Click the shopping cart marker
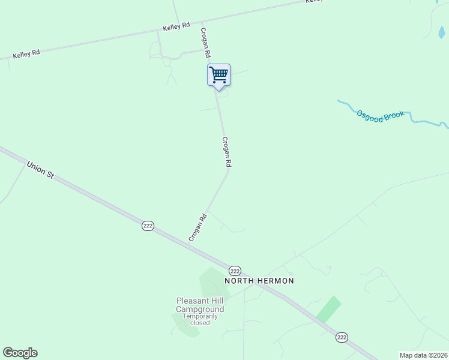(219, 76)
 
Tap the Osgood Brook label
(381, 115)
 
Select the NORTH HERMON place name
(259, 281)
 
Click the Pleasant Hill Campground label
(200, 305)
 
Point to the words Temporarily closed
(200, 319)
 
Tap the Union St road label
(40, 169)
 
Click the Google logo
(20, 353)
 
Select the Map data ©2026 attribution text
(423, 355)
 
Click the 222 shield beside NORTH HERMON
(235, 271)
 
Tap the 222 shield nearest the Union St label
(148, 226)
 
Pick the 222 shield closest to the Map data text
(342, 337)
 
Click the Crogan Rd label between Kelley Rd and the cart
(205, 43)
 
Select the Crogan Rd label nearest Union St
(197, 227)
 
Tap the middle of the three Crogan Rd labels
(226, 152)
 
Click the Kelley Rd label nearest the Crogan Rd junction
(176, 26)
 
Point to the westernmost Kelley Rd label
(26, 53)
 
